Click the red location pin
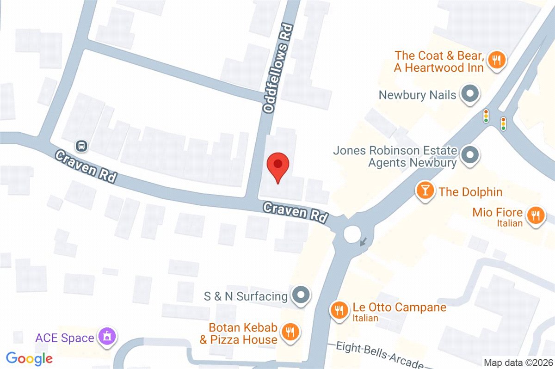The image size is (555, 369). pyautogui.click(x=278, y=167)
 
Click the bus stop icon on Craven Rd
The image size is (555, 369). pyautogui.click(x=82, y=146)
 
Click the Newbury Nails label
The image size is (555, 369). pyautogui.click(x=417, y=95)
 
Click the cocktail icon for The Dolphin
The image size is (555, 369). pyautogui.click(x=425, y=191)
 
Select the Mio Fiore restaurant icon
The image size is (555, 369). pyautogui.click(x=536, y=216)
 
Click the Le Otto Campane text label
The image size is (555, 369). pyautogui.click(x=399, y=307)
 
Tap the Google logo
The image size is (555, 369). pyautogui.click(x=29, y=358)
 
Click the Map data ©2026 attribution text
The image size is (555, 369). pyautogui.click(x=518, y=363)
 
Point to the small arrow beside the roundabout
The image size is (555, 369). pyautogui.click(x=364, y=241)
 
